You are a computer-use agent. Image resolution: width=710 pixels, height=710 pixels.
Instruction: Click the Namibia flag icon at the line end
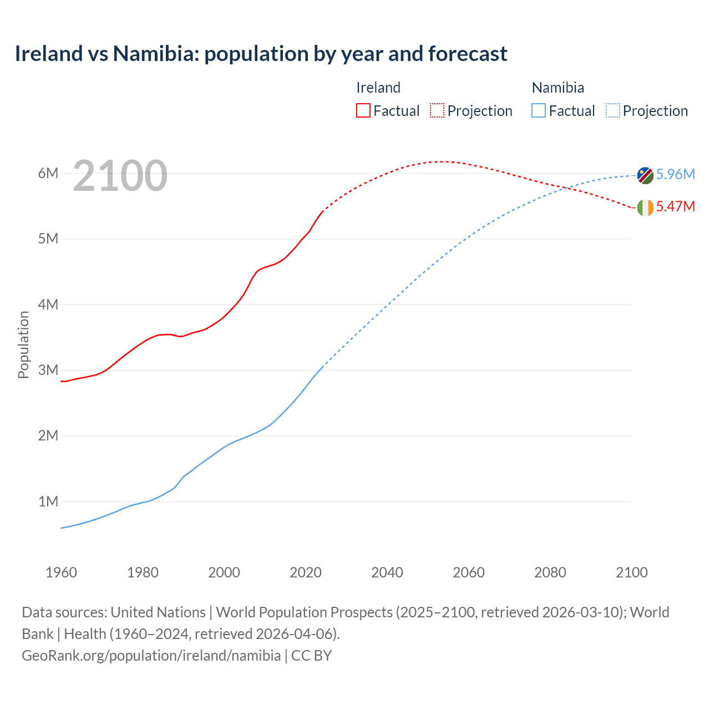(645, 175)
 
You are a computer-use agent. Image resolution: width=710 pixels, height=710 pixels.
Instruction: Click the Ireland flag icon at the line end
(645, 207)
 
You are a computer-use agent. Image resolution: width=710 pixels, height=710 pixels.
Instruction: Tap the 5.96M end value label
(675, 174)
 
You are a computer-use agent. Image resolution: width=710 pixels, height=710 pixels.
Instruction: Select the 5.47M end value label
(675, 206)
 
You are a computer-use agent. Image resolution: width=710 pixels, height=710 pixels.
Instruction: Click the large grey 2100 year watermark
(120, 176)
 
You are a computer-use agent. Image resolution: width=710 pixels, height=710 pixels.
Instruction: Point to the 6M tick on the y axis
(48, 173)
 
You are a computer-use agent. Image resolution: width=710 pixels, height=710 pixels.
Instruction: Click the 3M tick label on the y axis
(48, 370)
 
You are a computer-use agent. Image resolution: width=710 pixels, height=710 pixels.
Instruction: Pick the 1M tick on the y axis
(48, 501)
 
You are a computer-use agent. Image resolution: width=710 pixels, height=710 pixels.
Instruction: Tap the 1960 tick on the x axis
(61, 572)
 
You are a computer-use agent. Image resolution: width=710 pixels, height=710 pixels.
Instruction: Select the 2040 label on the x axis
(387, 572)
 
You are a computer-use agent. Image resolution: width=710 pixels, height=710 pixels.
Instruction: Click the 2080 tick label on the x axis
(550, 572)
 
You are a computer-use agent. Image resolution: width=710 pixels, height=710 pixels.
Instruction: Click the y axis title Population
(23, 344)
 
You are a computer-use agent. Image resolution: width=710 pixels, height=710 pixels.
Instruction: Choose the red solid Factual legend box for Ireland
(363, 111)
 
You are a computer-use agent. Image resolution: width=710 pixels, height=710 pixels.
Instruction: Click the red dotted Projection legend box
(437, 111)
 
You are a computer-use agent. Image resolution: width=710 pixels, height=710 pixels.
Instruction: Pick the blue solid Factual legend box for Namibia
(539, 111)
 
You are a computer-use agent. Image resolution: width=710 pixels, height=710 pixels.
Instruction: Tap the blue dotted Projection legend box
(613, 111)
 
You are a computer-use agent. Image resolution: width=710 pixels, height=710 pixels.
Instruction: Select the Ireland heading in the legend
(378, 88)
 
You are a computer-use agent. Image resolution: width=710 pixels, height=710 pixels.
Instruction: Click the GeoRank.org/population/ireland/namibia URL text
(151, 655)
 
